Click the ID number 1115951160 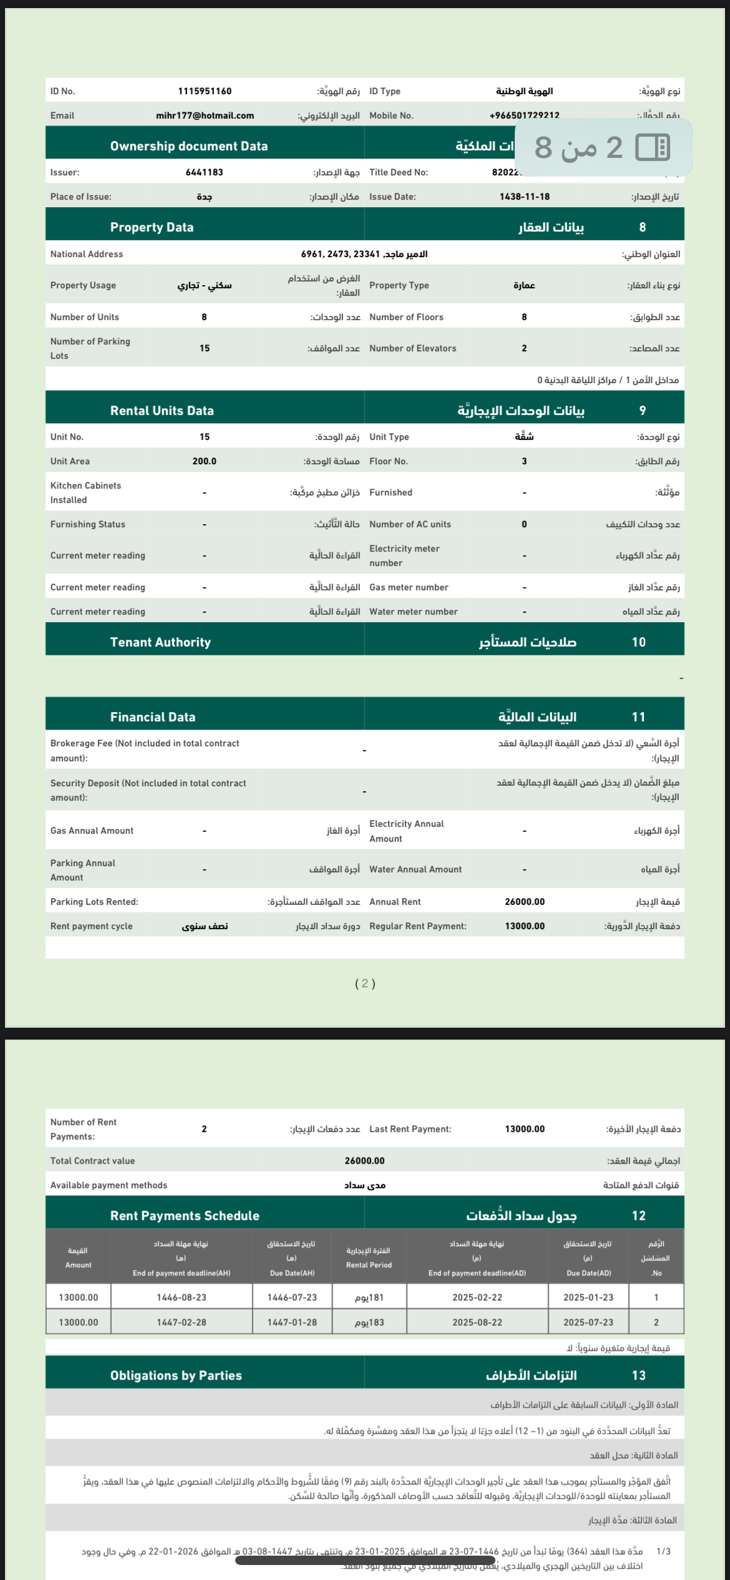pyautogui.click(x=205, y=91)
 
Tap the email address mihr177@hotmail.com pyautogui.click(x=205, y=115)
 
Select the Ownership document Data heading pyautogui.click(x=189, y=146)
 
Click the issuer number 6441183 pyautogui.click(x=204, y=172)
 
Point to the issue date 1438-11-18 pyautogui.click(x=525, y=197)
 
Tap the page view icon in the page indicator pyautogui.click(x=653, y=148)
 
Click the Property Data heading pyautogui.click(x=152, y=227)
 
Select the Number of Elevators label pyautogui.click(x=412, y=348)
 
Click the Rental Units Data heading pyautogui.click(x=162, y=411)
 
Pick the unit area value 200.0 pyautogui.click(x=204, y=461)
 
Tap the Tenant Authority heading pyautogui.click(x=160, y=642)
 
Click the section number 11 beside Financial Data pyautogui.click(x=638, y=717)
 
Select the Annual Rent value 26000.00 pyautogui.click(x=525, y=902)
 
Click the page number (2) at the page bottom pyautogui.click(x=365, y=983)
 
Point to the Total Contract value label pyautogui.click(x=92, y=1161)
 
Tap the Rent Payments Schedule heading pyautogui.click(x=185, y=1216)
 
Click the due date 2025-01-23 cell pyautogui.click(x=588, y=1297)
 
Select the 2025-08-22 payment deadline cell pyautogui.click(x=477, y=1322)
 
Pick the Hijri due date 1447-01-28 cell pyautogui.click(x=292, y=1322)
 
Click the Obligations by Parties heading pyautogui.click(x=176, y=1375)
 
